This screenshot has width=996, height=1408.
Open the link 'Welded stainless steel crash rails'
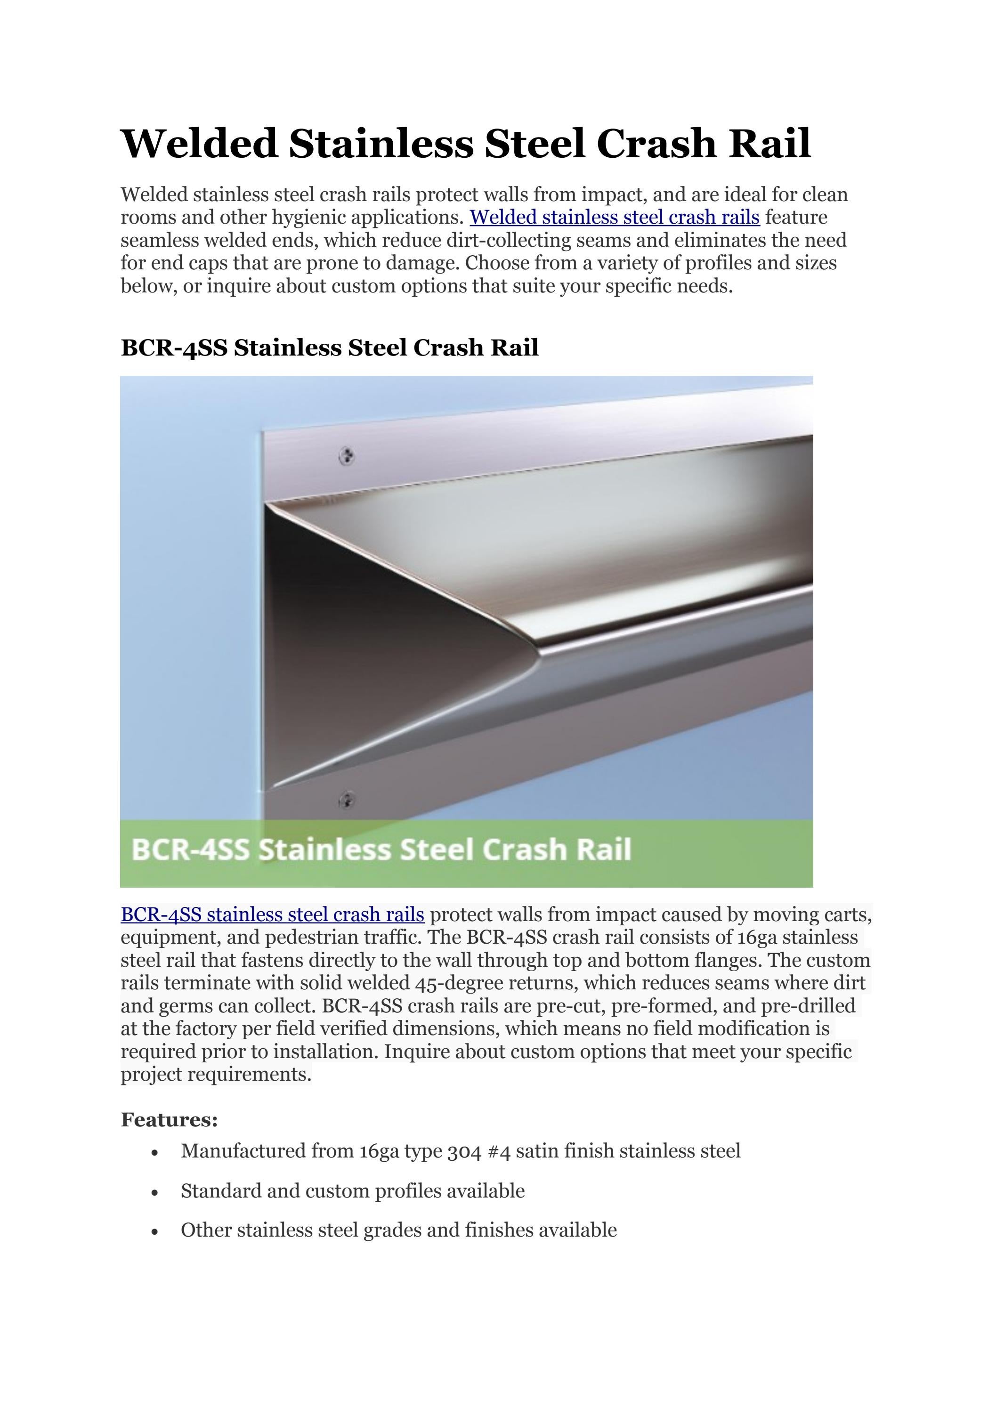(x=615, y=217)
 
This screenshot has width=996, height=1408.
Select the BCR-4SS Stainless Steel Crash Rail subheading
(x=329, y=348)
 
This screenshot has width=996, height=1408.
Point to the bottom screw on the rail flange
(x=347, y=800)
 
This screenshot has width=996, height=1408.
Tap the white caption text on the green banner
(x=381, y=850)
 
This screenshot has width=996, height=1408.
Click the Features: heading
(x=169, y=1120)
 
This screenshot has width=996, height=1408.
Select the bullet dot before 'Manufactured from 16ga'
(x=154, y=1153)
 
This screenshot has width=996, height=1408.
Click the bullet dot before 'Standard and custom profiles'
(x=154, y=1193)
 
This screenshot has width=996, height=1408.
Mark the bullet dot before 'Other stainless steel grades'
(x=154, y=1232)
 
